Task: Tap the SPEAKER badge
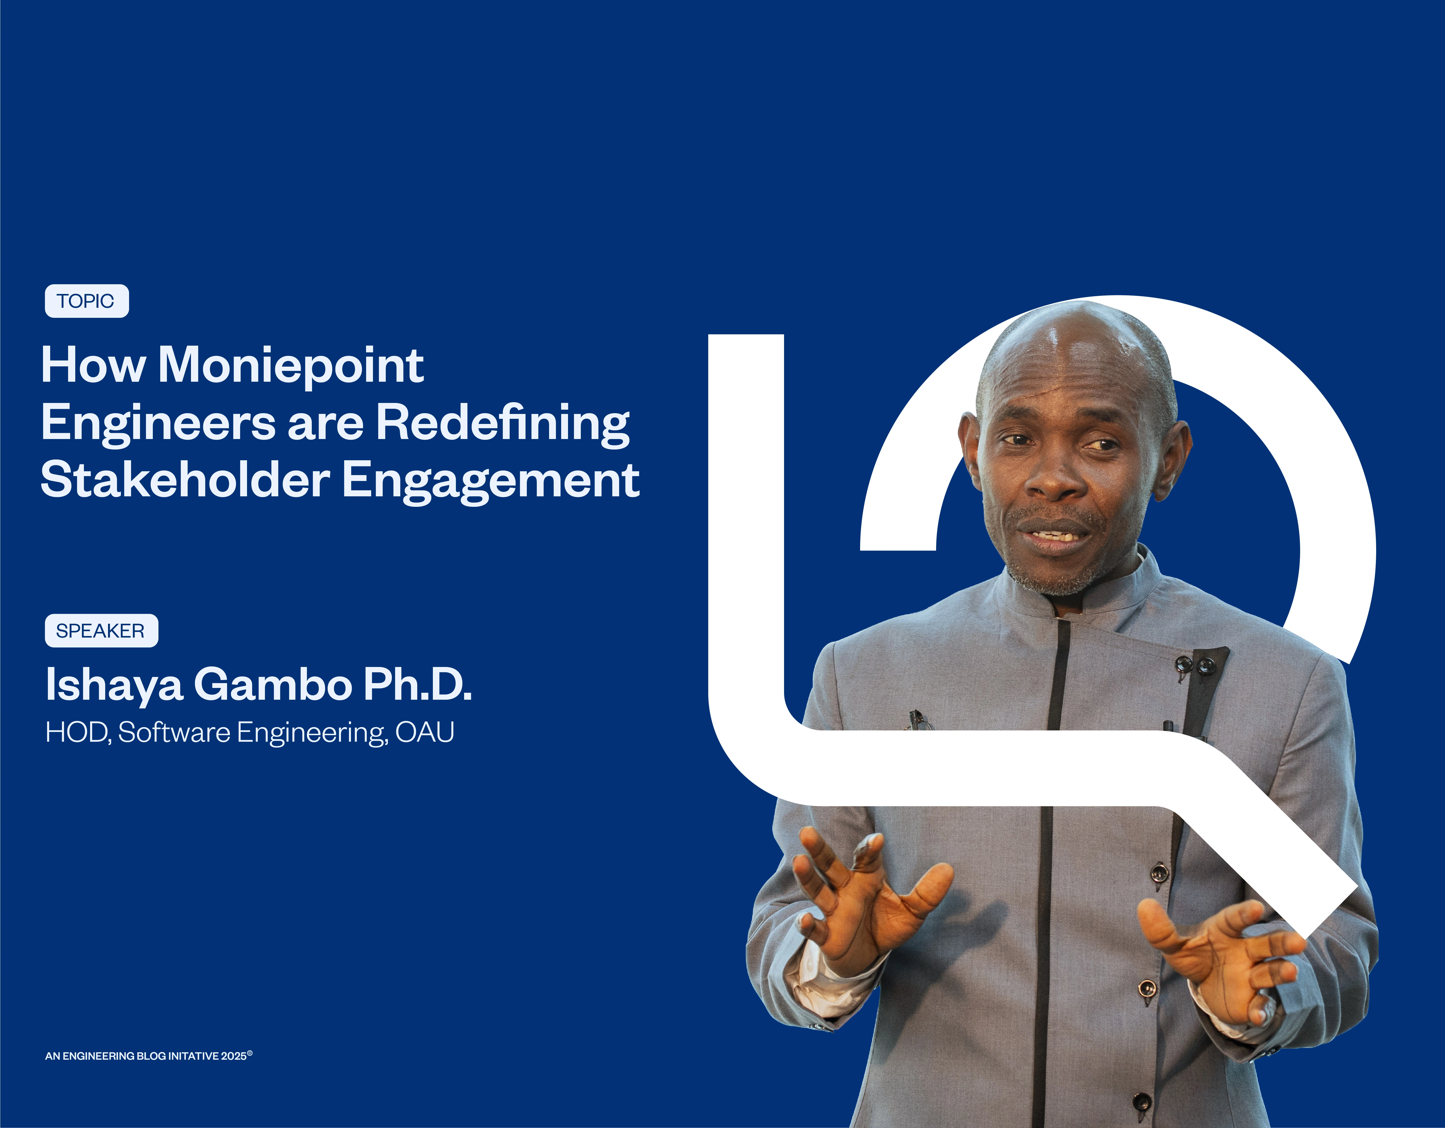click(101, 631)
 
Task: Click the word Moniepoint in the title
click(291, 366)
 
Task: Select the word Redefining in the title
click(503, 423)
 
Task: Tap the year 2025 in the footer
click(233, 1056)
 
